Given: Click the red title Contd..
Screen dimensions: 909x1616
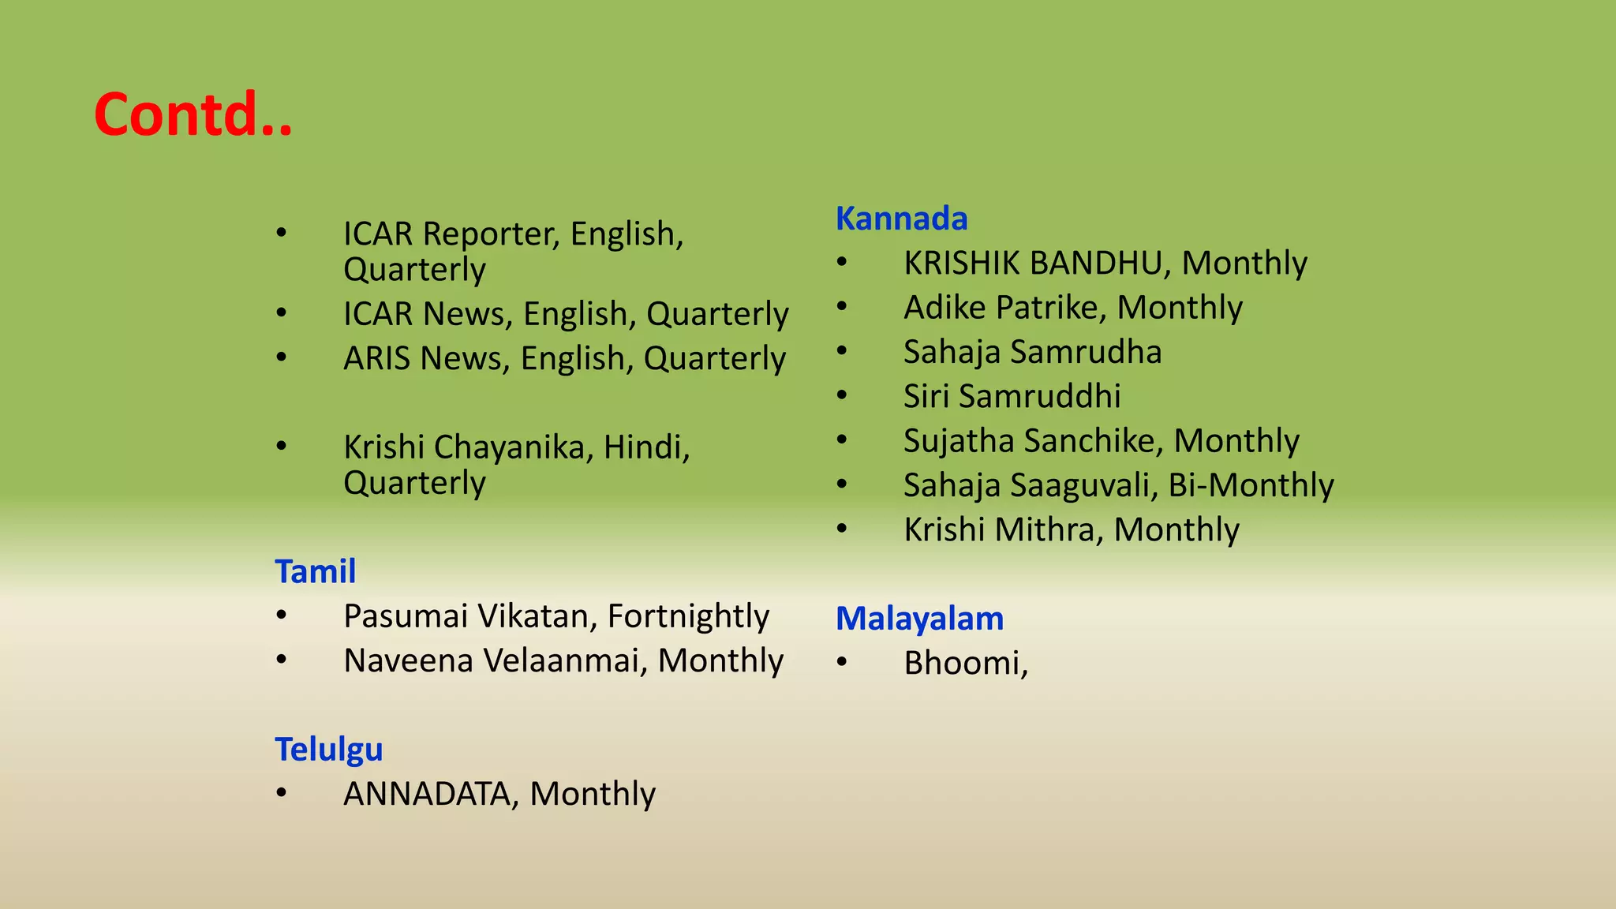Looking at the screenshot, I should pos(193,114).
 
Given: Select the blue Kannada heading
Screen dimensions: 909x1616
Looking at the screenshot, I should pos(901,219).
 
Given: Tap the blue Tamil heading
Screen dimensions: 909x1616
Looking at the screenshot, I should pos(315,571).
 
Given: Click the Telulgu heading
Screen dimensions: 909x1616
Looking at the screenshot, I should pos(328,749).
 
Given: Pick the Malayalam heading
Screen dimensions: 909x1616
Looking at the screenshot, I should pos(919,619).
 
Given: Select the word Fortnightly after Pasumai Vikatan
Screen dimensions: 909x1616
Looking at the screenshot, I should pos(688,616).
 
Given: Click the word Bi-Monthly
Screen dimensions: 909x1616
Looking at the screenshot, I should pos(1251,485).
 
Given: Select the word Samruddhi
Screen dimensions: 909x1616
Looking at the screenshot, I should pos(1040,396).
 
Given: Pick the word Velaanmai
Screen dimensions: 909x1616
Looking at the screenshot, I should pos(565,660).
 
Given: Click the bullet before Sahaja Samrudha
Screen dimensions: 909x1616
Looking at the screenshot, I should pos(842,350).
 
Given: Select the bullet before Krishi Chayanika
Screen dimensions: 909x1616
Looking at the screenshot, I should pos(282,446).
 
